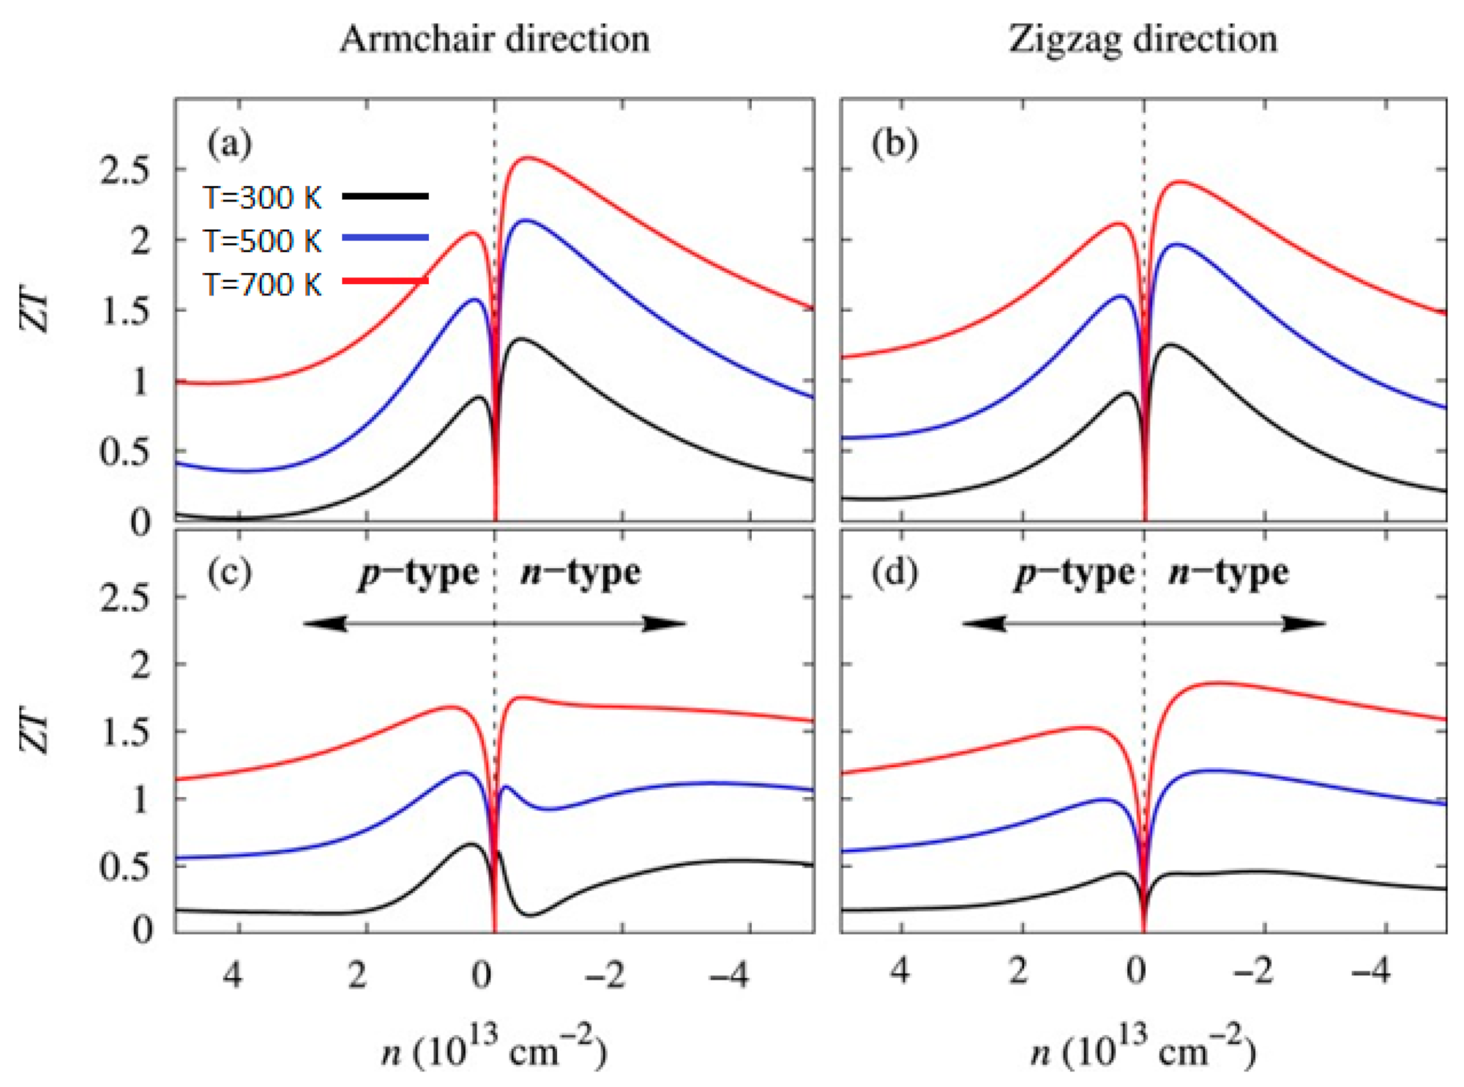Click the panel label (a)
(x=229, y=143)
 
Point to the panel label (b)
(x=895, y=143)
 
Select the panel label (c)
(x=229, y=572)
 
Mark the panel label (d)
(x=895, y=572)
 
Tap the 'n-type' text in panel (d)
(x=1228, y=572)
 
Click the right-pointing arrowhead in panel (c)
(x=665, y=624)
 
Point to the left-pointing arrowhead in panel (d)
(x=983, y=624)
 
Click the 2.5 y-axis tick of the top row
(x=125, y=171)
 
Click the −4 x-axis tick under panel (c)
(x=729, y=974)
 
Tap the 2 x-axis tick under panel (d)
(x=1018, y=971)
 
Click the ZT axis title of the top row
(x=36, y=313)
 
